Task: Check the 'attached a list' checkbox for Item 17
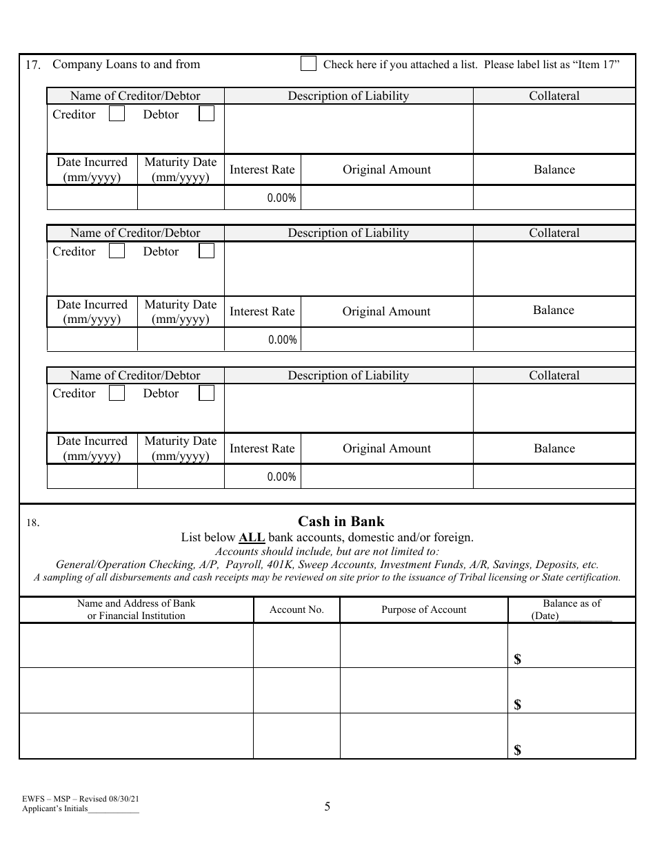point(308,64)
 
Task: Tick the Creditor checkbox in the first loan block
point(117,114)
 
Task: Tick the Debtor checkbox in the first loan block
point(206,114)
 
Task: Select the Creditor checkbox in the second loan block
point(117,251)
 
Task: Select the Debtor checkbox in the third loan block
point(206,393)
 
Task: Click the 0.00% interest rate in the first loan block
point(281,198)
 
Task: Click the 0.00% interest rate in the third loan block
point(281,477)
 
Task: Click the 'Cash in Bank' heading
point(341,521)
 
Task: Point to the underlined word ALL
point(252,537)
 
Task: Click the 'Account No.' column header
point(296,609)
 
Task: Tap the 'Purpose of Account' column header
point(423,609)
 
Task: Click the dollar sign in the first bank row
point(518,660)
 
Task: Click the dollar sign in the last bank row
point(518,750)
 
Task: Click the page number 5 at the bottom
point(327,806)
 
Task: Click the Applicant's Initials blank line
point(114,811)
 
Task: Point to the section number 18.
point(32,523)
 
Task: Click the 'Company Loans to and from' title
point(126,64)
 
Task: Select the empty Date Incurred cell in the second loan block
point(92,339)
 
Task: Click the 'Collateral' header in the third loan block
point(554,375)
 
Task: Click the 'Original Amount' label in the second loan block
point(386,311)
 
